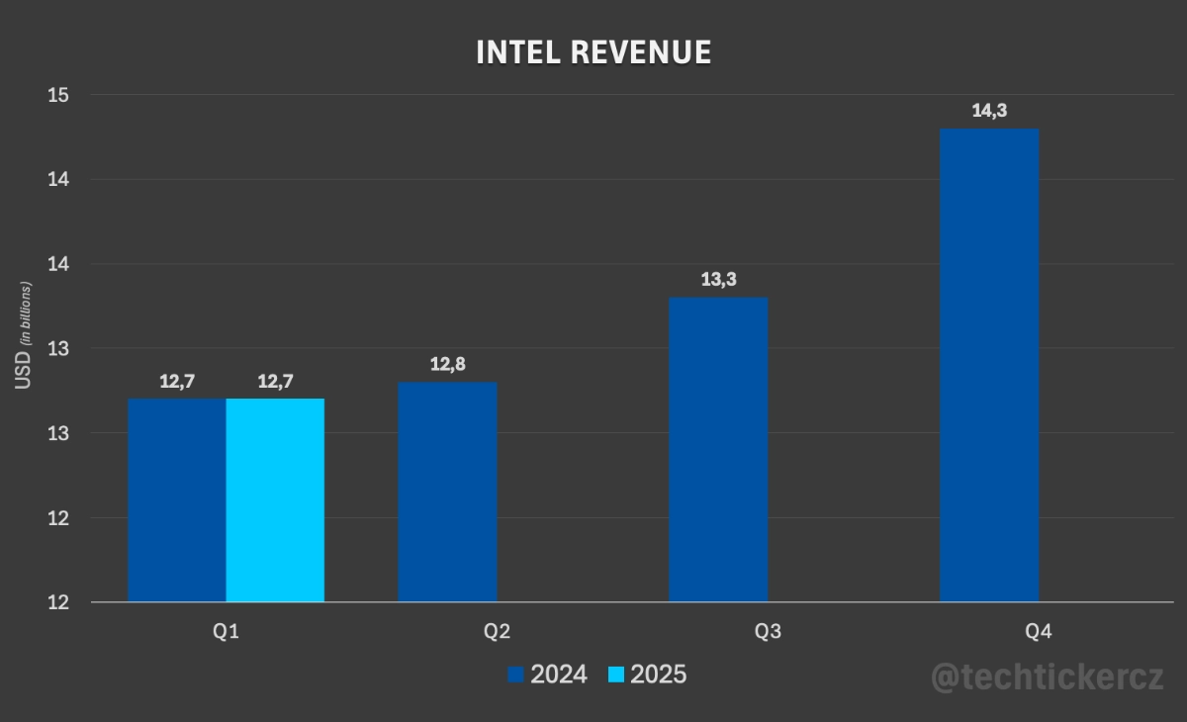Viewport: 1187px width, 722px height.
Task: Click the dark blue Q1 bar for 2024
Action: point(177,499)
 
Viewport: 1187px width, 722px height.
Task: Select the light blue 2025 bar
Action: point(275,499)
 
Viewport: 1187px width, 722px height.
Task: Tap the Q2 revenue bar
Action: point(447,492)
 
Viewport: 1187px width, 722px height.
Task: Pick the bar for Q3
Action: point(718,450)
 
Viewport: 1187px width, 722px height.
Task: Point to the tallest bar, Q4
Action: point(989,365)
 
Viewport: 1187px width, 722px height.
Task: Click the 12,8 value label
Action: point(448,364)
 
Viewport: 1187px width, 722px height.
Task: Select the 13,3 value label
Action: point(719,279)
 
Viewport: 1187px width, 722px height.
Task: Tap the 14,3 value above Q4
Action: point(989,111)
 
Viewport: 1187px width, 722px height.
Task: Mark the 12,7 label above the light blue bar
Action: point(275,381)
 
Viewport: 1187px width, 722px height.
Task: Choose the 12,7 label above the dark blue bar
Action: point(177,381)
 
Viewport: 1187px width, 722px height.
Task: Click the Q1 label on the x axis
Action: point(227,631)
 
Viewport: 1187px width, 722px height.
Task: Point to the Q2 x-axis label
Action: point(498,631)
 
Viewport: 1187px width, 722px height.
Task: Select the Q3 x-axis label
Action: point(768,631)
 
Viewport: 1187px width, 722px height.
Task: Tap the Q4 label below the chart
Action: point(1039,631)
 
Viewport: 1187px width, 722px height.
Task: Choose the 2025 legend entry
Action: point(647,675)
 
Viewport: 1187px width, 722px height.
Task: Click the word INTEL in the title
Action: point(517,52)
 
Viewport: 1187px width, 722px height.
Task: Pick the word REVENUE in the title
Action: point(640,52)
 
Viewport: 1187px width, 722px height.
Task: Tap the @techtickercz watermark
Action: point(1048,677)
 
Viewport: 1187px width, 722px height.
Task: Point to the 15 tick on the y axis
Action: point(57,95)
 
